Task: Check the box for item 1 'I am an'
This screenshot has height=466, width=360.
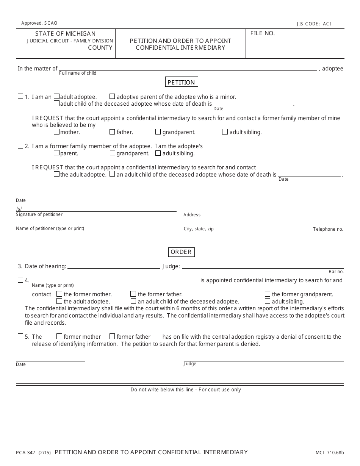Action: point(20,97)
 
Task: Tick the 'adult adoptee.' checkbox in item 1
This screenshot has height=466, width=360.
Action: point(56,97)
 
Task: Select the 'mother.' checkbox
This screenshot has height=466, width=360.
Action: point(56,132)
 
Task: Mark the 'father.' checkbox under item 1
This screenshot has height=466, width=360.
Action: point(112,132)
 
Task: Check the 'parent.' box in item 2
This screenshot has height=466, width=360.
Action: point(56,153)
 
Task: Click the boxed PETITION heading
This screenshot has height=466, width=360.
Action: point(182,82)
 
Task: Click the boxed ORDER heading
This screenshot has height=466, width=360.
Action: point(181,252)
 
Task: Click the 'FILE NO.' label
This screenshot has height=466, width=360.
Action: point(263,33)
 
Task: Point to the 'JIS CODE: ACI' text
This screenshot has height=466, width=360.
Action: point(314,24)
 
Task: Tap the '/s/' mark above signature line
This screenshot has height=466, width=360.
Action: point(19,209)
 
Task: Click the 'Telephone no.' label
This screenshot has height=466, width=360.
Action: point(328,229)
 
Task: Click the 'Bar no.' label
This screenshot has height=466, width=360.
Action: point(336,272)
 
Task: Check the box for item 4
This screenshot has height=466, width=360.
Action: point(20,280)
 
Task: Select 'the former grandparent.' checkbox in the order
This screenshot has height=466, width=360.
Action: point(268,294)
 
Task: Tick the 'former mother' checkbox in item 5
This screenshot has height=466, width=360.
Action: point(59,336)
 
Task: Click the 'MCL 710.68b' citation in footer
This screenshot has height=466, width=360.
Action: point(329,453)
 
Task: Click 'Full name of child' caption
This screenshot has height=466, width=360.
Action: point(78,73)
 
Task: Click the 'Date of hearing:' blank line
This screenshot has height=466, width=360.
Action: point(113,266)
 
